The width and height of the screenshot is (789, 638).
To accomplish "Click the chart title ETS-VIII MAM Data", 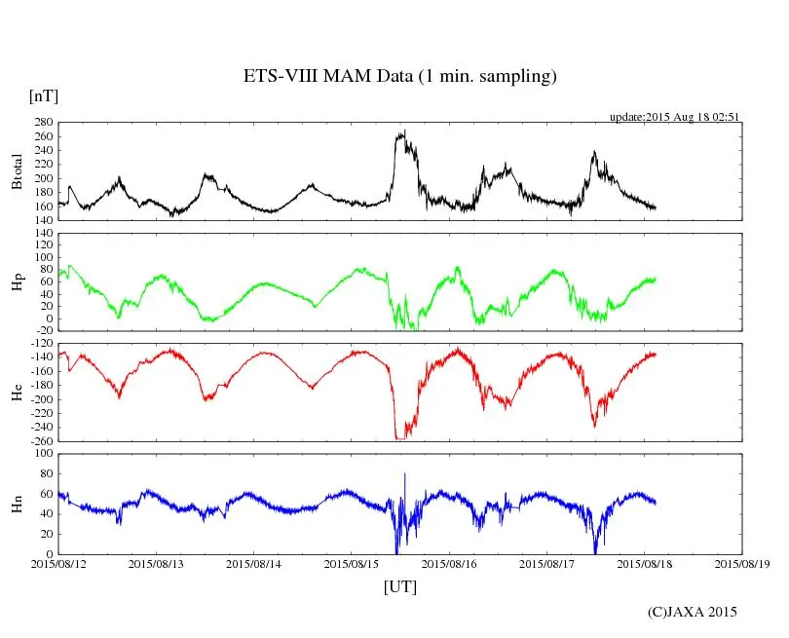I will (399, 77).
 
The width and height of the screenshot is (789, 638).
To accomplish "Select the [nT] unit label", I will (43, 95).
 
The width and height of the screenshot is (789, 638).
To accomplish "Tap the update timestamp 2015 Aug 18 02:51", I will (675, 117).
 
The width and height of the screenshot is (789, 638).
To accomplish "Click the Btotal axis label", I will (16, 171).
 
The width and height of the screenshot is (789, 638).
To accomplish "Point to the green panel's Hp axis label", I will (16, 282).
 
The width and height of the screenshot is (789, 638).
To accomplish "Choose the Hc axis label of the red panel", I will (16, 392).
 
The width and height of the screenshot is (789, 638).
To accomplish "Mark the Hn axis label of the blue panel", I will (16, 504).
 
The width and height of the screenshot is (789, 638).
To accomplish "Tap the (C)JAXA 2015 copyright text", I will (693, 612).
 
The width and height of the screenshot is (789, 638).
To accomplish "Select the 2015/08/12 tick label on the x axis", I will (58, 563).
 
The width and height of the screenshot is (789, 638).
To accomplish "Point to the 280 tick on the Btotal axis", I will (43, 123).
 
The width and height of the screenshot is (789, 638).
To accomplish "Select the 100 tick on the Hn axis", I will (43, 453).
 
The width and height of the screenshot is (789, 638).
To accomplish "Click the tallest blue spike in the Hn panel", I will (404, 474).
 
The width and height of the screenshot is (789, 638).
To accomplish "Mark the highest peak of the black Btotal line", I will (403, 131).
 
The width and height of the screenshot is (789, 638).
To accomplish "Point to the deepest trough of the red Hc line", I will (397, 438).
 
